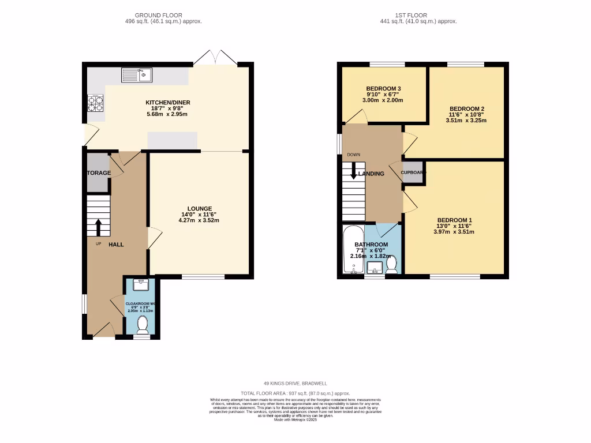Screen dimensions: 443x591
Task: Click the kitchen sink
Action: (136, 74)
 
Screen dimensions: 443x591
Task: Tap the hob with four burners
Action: (95, 103)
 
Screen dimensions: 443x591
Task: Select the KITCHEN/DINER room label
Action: (167, 103)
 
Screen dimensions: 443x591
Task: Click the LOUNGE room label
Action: (199, 208)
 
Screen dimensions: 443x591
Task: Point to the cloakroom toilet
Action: (142, 325)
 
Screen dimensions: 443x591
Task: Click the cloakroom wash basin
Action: (141, 284)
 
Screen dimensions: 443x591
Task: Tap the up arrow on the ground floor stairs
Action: (98, 227)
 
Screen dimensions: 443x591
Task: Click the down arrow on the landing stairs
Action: (353, 172)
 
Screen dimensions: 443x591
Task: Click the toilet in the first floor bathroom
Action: (392, 264)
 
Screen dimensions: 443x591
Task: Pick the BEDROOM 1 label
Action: (455, 220)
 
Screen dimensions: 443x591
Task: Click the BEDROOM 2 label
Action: (467, 109)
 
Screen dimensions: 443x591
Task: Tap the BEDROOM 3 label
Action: (383, 88)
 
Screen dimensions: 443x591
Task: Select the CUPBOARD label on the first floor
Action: (413, 172)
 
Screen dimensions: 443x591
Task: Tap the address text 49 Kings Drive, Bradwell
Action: (295, 382)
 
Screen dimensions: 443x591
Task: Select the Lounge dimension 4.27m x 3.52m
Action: (199, 220)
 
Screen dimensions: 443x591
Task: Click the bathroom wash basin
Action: (375, 267)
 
